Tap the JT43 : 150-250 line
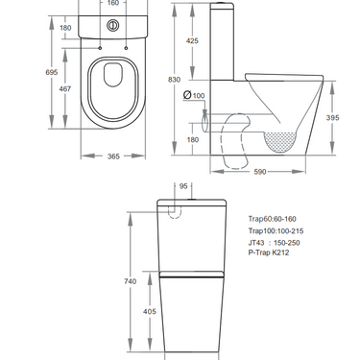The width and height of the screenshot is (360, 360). (272, 245)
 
